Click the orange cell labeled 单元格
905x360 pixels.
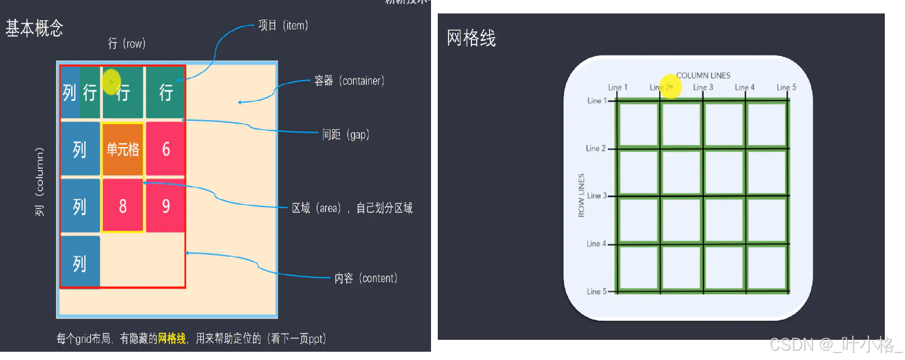(x=123, y=149)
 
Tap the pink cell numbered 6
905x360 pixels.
(x=166, y=149)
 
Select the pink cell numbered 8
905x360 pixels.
(x=123, y=206)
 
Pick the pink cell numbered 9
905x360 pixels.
(x=166, y=206)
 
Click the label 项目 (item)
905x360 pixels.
(x=283, y=25)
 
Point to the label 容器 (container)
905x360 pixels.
(x=349, y=81)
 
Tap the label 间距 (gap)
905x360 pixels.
(x=346, y=134)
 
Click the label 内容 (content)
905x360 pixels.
(x=365, y=278)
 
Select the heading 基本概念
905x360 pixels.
(x=34, y=28)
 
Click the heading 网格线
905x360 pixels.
(x=471, y=38)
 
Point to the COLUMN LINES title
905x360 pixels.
(x=703, y=76)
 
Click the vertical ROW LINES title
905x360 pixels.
(x=581, y=195)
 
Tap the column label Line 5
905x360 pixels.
(x=786, y=87)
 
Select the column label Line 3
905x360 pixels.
(x=703, y=87)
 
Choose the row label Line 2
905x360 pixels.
(x=596, y=148)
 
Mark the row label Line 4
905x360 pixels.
(x=596, y=244)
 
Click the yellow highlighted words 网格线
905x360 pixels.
(x=172, y=339)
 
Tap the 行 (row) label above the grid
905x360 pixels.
(x=127, y=43)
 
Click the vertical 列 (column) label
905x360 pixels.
(x=39, y=182)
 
